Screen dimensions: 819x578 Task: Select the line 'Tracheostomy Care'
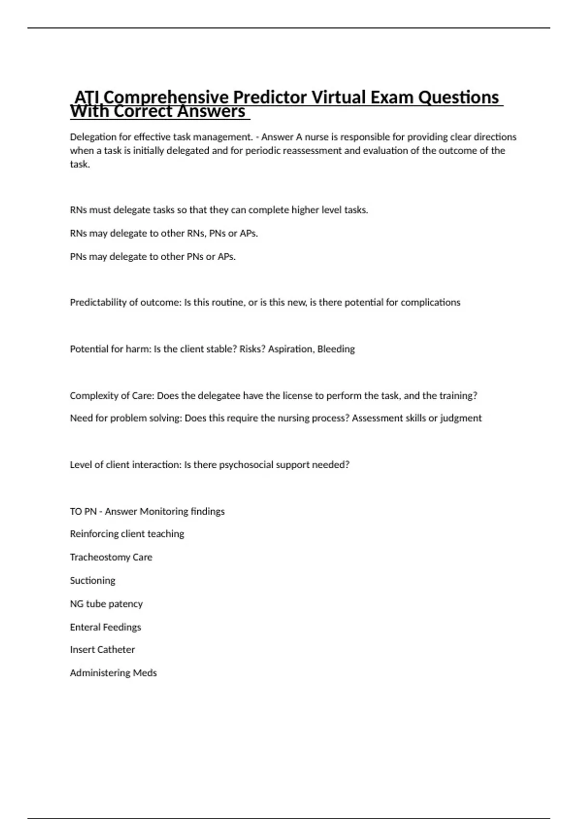tap(111, 557)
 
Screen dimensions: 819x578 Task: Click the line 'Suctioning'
tap(92, 581)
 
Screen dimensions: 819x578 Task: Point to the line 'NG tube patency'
tap(106, 604)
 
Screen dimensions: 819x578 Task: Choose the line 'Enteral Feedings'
tap(105, 627)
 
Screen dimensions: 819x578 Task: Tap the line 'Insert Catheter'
tap(102, 649)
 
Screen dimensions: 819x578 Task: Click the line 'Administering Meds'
tap(113, 673)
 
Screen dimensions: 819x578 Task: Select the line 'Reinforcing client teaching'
tap(127, 534)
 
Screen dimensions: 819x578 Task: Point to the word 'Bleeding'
tap(336, 349)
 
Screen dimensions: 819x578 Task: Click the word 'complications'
tap(431, 303)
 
